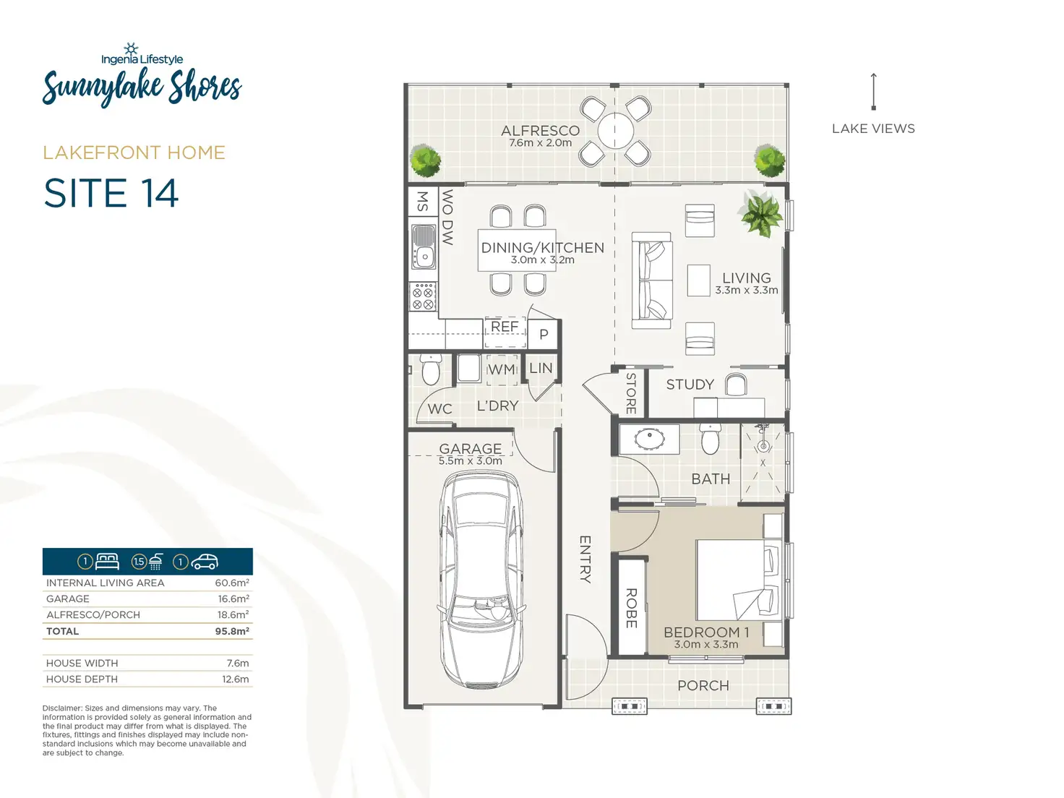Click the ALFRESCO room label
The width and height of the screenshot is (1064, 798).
click(540, 130)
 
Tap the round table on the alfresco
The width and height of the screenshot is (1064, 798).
click(615, 131)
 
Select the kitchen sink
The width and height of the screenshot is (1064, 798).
click(424, 246)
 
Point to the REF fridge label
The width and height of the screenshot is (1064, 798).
click(505, 327)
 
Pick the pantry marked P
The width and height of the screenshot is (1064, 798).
click(544, 335)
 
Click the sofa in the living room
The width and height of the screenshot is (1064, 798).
click(651, 280)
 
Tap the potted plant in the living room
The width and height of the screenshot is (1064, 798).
click(760, 214)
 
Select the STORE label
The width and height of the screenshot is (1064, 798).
click(630, 393)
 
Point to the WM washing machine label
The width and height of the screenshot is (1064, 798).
click(502, 369)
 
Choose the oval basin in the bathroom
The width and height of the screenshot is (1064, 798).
click(650, 439)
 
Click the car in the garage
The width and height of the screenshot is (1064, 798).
click(481, 580)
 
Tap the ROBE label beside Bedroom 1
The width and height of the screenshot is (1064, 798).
click(631, 608)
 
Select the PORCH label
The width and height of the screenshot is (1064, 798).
click(703, 685)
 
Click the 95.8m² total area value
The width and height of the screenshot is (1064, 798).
click(232, 631)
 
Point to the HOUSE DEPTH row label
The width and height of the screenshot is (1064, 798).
click(82, 679)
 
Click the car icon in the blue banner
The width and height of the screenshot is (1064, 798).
click(205, 562)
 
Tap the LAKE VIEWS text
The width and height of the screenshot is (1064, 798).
click(873, 129)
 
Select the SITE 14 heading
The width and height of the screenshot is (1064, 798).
click(111, 193)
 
